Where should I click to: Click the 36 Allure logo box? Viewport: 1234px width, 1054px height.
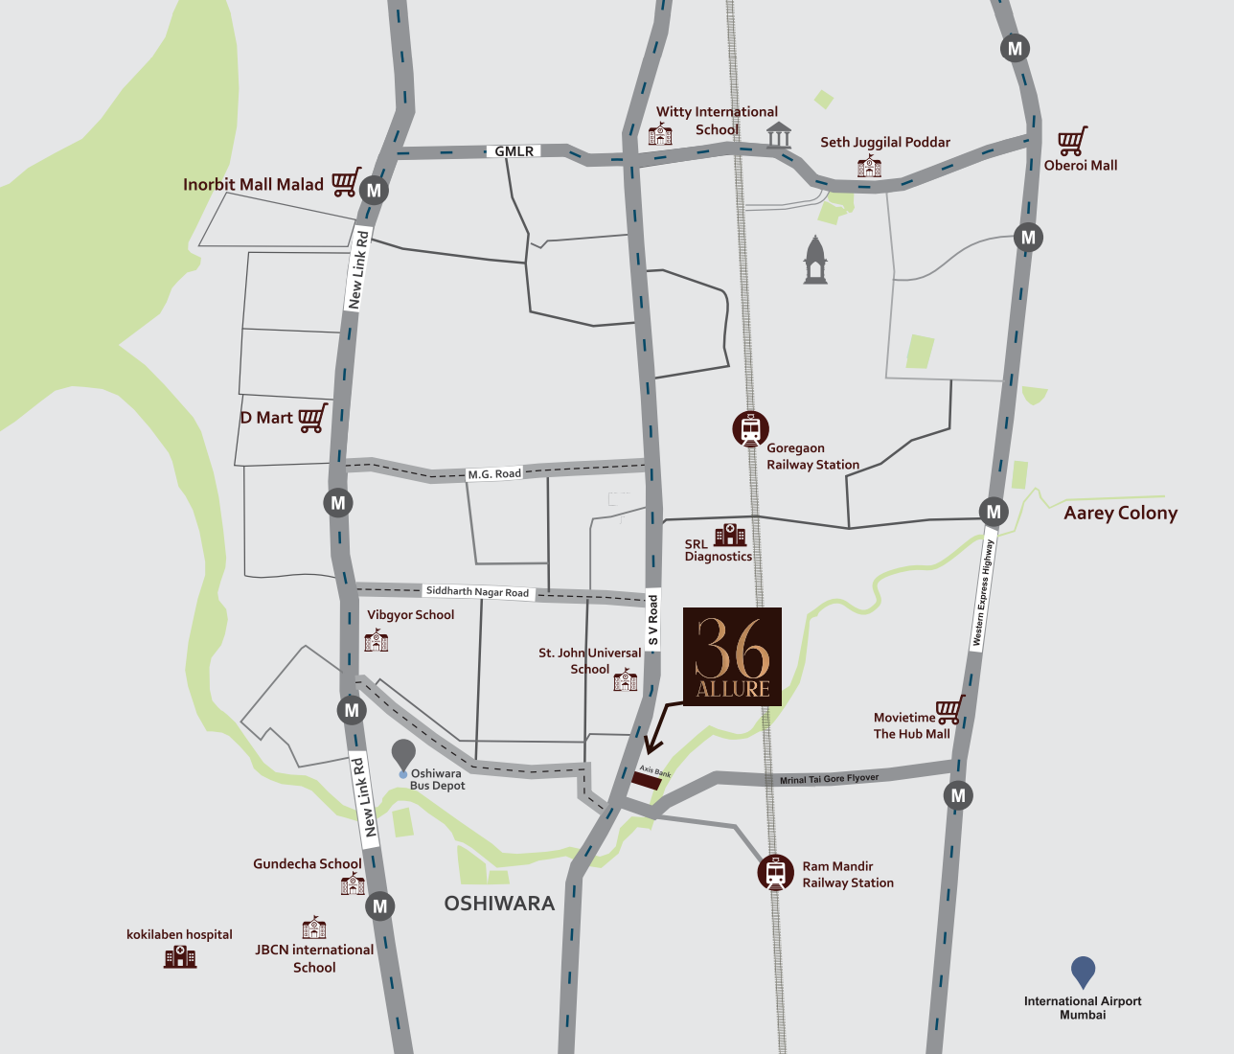pos(732,656)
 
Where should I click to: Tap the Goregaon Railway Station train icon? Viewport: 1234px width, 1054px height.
pos(750,428)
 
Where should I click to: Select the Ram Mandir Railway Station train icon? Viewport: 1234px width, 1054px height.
pos(775,872)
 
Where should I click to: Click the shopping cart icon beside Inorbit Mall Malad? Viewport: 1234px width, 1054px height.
pos(346,182)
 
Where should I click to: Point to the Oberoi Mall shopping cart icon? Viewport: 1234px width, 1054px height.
pos(1072,142)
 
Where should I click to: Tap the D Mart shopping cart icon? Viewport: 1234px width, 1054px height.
pos(312,418)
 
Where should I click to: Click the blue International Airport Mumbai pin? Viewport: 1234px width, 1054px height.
pos(1083,972)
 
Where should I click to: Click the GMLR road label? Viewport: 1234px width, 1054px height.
pos(514,151)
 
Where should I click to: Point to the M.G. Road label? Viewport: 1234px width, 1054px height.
pos(494,474)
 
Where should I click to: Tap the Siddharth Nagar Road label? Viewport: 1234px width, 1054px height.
pos(477,592)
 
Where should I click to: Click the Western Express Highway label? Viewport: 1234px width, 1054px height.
pos(983,592)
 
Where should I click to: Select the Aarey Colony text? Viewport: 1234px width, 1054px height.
pos(1120,513)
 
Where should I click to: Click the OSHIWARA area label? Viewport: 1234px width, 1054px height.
pos(499,903)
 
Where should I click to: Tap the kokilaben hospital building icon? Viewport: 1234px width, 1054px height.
pos(179,956)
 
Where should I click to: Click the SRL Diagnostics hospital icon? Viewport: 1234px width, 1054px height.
pos(730,535)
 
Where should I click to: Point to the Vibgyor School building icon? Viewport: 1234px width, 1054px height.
pos(377,640)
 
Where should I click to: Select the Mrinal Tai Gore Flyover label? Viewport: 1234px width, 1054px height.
pos(829,778)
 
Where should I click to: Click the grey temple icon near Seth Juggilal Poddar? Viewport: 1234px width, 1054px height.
pos(814,260)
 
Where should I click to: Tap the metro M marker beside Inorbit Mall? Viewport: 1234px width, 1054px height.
pos(374,190)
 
